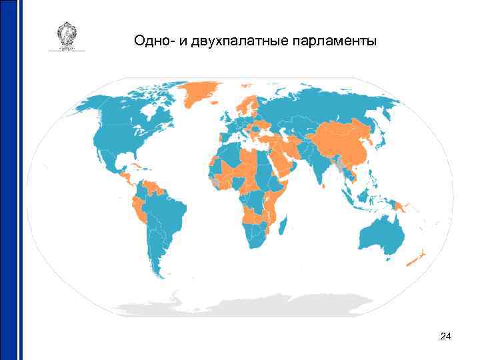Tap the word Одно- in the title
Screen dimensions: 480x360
click(154, 41)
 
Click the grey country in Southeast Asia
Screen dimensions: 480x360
click(341, 163)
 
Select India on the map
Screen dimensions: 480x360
click(319, 167)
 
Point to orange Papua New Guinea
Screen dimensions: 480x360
click(399, 207)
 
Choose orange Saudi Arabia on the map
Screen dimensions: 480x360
click(281, 160)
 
